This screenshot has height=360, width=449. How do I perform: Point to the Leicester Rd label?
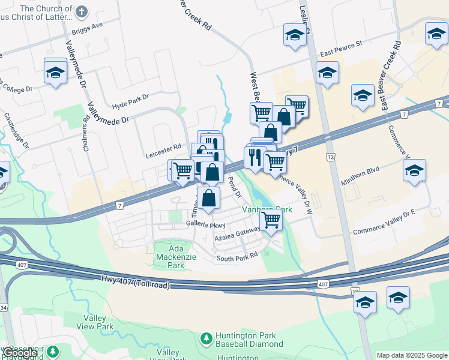click(x=163, y=147)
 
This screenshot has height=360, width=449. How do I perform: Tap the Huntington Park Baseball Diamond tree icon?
click(x=206, y=339)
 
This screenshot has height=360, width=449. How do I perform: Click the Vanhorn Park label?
click(x=267, y=210)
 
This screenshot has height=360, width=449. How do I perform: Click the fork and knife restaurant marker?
click(x=255, y=157)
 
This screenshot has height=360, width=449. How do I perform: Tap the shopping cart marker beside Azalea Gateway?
click(x=271, y=220)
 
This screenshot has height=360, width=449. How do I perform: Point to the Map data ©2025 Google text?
click(x=411, y=355)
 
